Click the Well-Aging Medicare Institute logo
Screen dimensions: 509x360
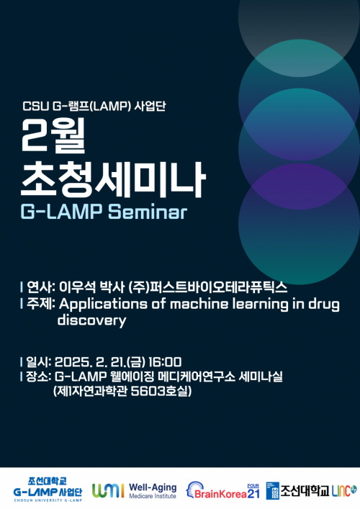pos(134,490)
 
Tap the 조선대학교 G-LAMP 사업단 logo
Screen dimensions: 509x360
pos(48,490)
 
